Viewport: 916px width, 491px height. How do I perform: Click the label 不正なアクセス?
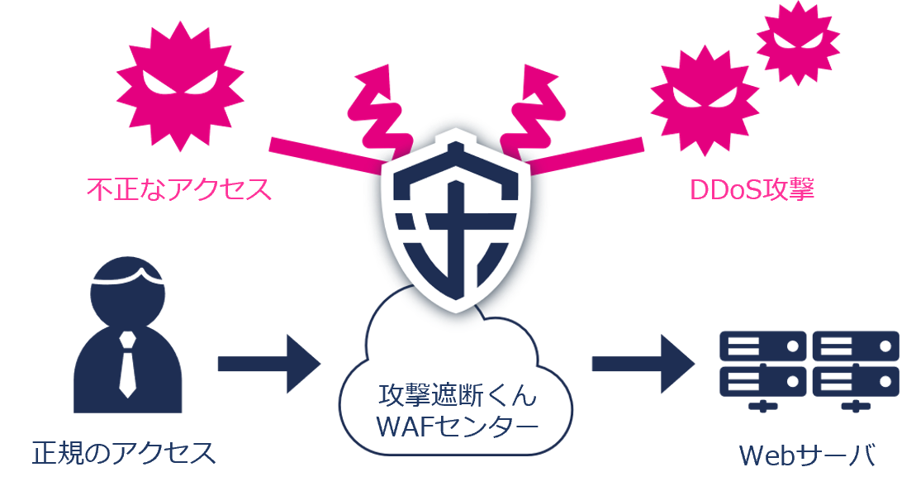pos(179,189)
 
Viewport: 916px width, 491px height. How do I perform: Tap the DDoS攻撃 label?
pos(752,189)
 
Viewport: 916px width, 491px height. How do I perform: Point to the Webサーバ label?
pos(806,455)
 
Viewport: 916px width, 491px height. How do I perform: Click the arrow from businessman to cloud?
pos(268,364)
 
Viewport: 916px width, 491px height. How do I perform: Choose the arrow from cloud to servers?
pos(643,364)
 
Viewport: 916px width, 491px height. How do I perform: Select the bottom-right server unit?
pos(855,379)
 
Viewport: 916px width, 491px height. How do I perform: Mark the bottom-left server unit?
pos(762,379)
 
